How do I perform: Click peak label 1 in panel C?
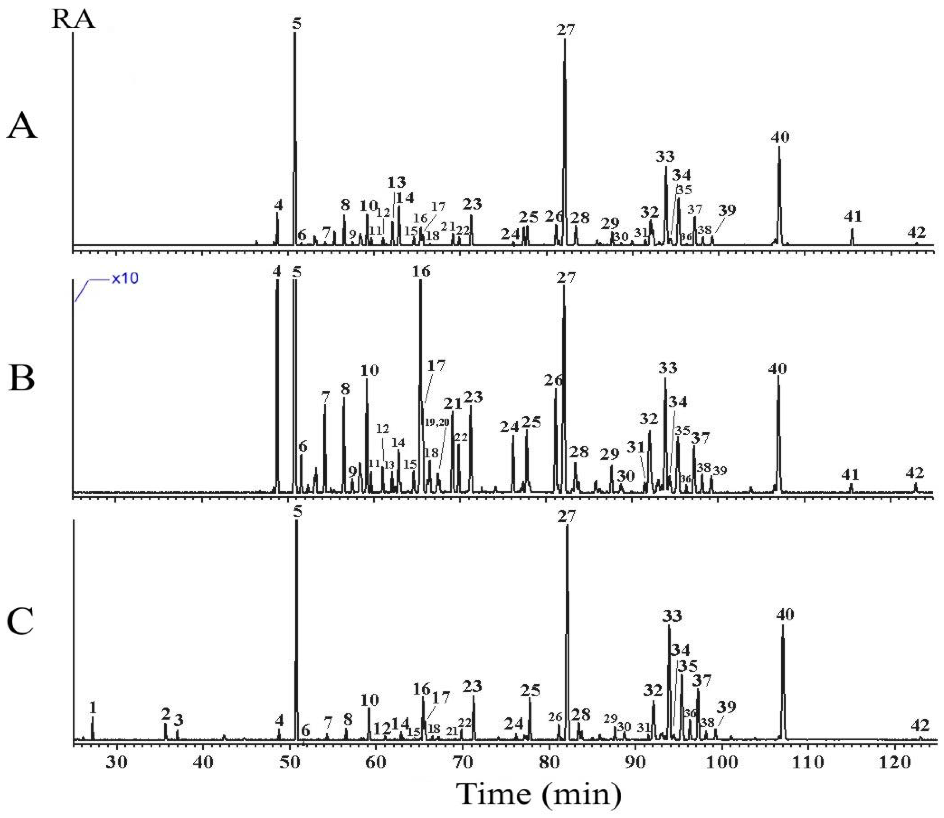coord(93,708)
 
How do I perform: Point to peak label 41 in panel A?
coord(852,216)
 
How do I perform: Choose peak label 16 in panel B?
coord(421,272)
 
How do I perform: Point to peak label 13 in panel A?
coord(396,183)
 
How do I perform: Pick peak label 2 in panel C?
coord(166,713)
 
